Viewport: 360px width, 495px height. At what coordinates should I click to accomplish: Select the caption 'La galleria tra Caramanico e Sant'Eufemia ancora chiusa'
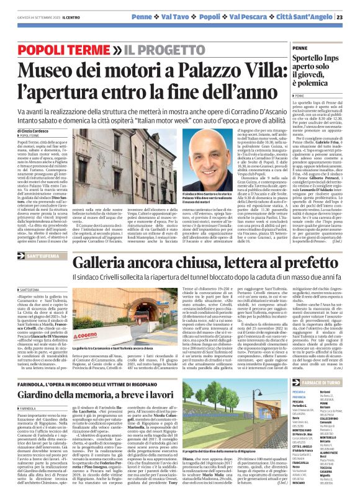pyautogui.click(x=133, y=349)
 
